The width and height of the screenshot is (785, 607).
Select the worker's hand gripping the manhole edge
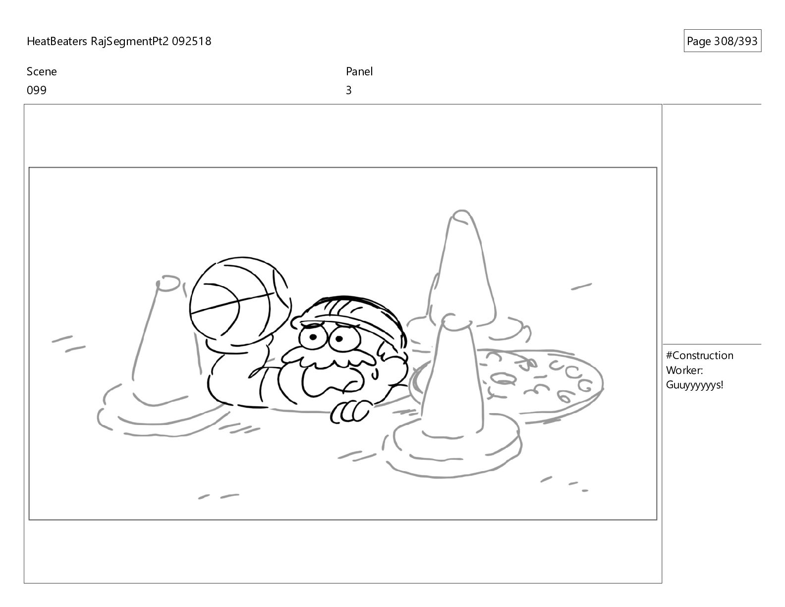[x=348, y=412]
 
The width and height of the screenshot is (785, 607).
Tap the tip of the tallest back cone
[x=461, y=211]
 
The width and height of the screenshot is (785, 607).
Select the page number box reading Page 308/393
[x=722, y=41]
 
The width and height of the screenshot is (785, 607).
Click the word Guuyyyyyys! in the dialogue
[x=694, y=385]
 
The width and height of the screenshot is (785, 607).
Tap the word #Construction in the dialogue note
[x=699, y=356]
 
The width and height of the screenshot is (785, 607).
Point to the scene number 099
[x=37, y=90]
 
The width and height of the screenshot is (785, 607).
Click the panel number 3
[x=348, y=90]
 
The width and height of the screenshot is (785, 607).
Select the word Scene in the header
[x=42, y=71]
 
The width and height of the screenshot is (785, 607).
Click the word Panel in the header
[x=359, y=71]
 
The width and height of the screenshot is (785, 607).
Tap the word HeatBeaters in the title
[x=56, y=41]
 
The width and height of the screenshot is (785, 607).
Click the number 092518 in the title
[x=191, y=41]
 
